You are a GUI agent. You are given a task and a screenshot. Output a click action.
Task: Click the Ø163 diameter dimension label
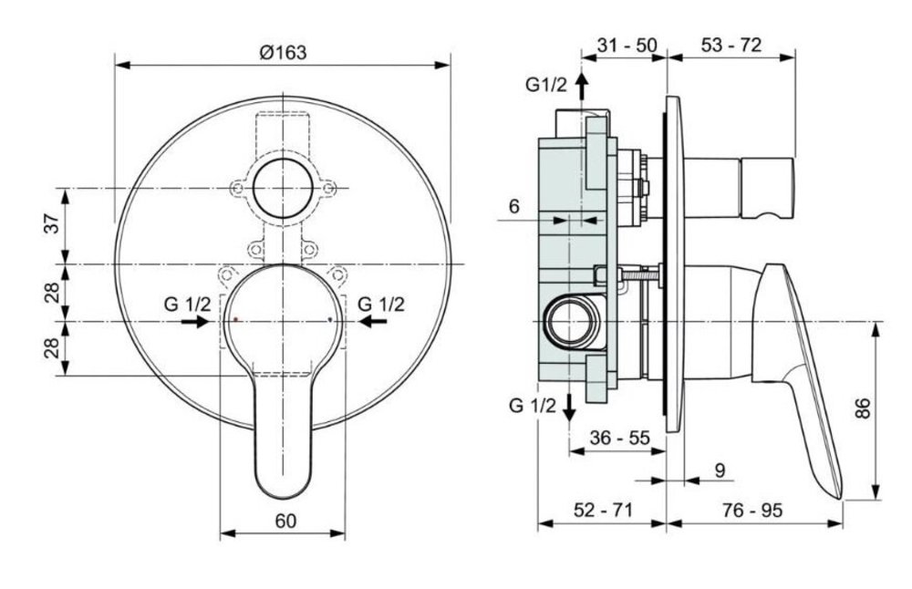point(283,52)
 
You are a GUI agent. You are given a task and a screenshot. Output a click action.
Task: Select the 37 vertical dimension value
point(53,224)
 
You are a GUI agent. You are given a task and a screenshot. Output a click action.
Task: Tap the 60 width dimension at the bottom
point(285,521)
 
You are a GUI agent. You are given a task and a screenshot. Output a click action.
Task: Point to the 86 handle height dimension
point(864,408)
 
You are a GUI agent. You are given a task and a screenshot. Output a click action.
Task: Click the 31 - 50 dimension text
point(627,45)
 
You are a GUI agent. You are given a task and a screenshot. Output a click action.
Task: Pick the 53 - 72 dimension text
point(731,45)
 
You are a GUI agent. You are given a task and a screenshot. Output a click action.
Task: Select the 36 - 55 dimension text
point(619,438)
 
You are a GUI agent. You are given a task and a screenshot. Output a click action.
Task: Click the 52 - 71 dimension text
point(603,510)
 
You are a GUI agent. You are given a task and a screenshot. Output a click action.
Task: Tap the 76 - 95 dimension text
point(752,510)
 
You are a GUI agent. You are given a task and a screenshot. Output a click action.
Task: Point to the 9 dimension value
point(720,470)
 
